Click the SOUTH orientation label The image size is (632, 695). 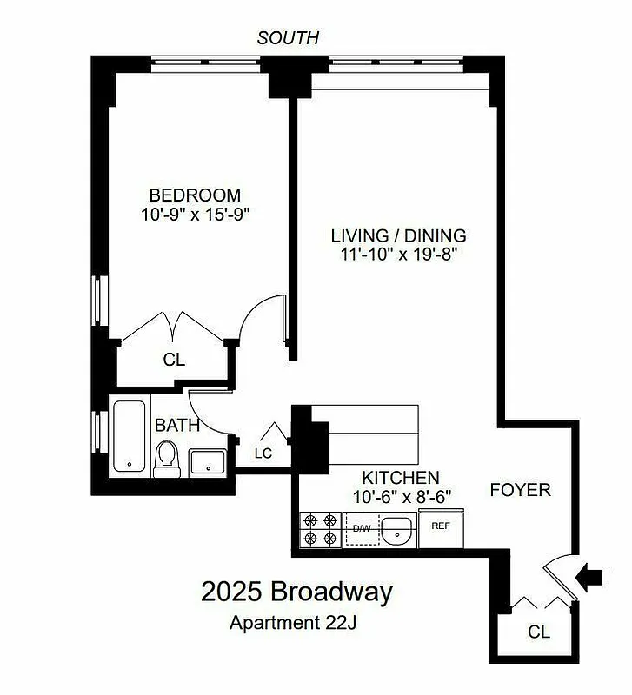(289, 38)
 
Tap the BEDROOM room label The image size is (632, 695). (194, 195)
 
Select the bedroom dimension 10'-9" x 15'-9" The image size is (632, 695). (194, 215)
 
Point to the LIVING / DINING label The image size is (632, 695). (398, 235)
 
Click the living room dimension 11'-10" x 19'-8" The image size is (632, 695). (398, 255)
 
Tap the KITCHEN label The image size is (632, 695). (400, 478)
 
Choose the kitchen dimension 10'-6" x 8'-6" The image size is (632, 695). (401, 497)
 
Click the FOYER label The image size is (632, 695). (520, 490)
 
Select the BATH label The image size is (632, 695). (177, 426)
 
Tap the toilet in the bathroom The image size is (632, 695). (166, 460)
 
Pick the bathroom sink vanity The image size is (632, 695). (208, 462)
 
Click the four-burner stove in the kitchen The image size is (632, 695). (320, 530)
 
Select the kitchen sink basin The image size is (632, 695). (398, 529)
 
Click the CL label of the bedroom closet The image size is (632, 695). (175, 360)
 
